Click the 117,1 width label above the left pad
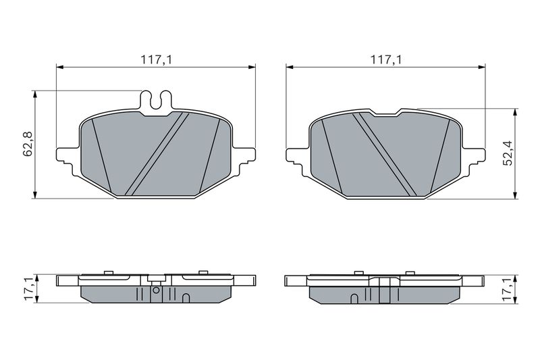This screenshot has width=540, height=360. (156, 60)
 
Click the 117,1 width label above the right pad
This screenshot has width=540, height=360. (385, 60)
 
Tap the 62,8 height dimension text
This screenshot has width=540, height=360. (28, 144)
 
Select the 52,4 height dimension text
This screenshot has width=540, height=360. (508, 153)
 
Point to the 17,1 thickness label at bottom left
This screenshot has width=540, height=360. (29, 288)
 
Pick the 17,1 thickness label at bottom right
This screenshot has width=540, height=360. (508, 288)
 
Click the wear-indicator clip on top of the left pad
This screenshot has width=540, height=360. (156, 101)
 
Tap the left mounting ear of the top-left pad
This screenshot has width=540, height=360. (66, 157)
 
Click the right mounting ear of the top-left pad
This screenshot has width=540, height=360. (245, 157)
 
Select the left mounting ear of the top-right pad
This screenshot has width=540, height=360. (296, 157)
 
